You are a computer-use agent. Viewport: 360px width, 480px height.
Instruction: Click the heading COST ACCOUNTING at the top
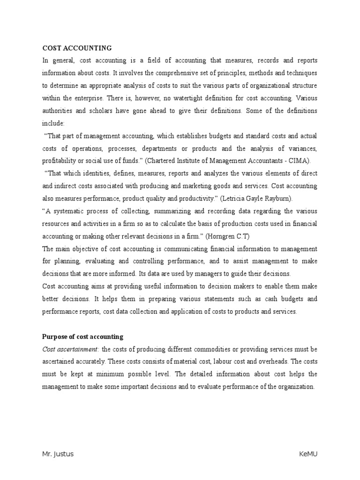point(77,48)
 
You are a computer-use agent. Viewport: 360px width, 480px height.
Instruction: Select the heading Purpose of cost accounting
point(82,337)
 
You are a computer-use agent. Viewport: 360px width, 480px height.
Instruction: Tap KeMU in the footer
point(308,454)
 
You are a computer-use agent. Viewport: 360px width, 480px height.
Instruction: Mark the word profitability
point(60,161)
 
